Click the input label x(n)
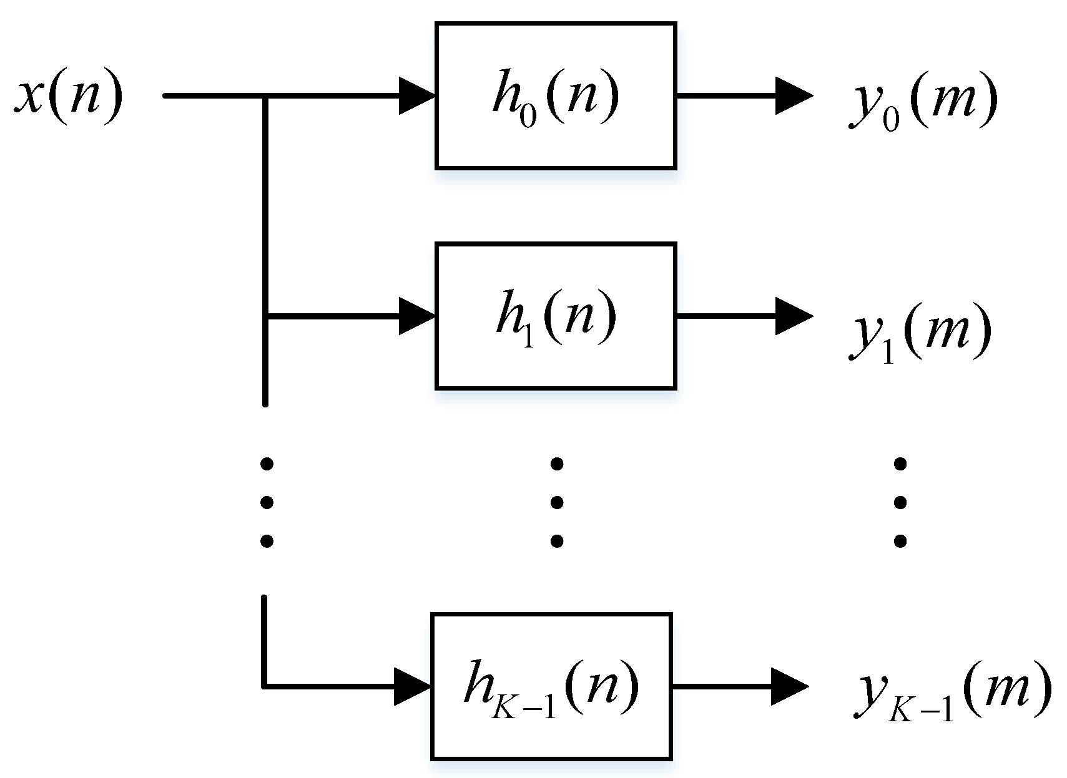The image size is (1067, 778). [69, 97]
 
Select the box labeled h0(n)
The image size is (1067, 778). [556, 96]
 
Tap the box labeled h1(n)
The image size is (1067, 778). [556, 316]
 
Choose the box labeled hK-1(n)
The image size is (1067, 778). [551, 686]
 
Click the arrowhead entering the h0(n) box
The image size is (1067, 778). [416, 96]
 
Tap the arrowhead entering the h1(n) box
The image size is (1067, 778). [416, 316]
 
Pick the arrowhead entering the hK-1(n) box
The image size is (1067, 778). [413, 687]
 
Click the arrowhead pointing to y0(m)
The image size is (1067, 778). [793, 96]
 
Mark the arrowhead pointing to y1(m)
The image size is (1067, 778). [793, 316]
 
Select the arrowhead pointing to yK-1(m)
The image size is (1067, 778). [789, 687]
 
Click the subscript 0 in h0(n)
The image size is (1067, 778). [528, 117]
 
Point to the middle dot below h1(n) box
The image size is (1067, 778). [557, 502]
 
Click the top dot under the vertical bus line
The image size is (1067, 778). [267, 464]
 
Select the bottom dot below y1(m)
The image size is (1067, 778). [900, 540]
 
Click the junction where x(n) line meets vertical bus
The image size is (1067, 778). [267, 96]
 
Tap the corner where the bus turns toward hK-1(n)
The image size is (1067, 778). [265, 687]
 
